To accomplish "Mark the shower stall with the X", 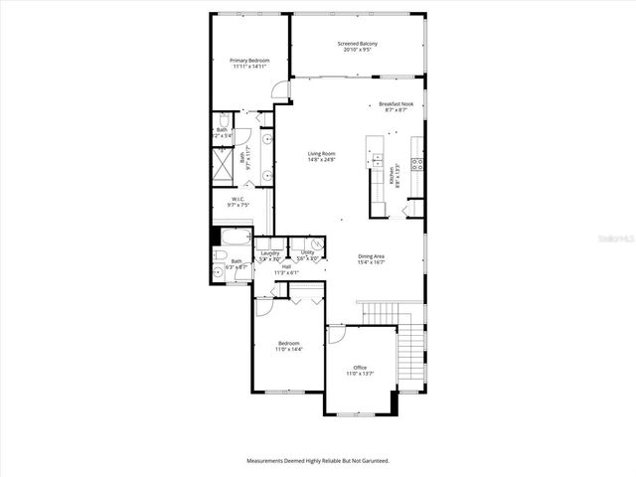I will [x=225, y=161].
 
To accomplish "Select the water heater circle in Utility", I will [x=316, y=244].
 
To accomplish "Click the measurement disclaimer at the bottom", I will [x=318, y=461].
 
